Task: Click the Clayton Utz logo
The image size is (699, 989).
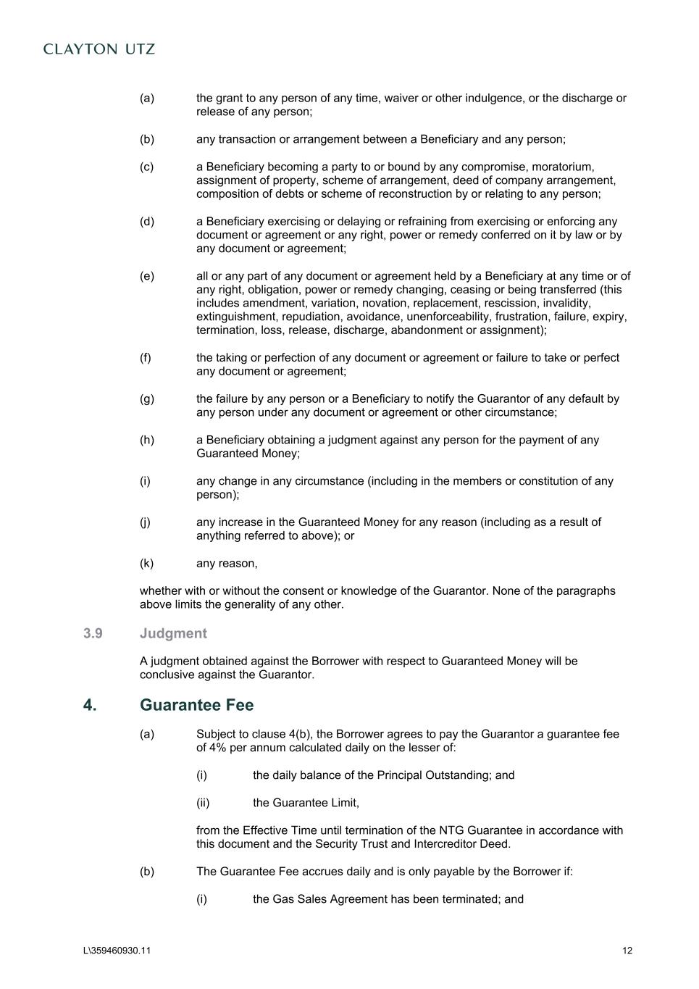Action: pos(99,49)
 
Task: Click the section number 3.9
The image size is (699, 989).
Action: pos(93,633)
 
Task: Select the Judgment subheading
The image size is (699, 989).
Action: pos(173,633)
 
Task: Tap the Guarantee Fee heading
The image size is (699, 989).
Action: pos(196,705)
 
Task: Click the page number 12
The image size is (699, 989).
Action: pos(627,951)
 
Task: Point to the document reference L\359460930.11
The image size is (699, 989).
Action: pos(117,951)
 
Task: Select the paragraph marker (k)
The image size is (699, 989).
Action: pos(146,563)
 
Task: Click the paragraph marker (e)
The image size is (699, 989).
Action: pos(146,276)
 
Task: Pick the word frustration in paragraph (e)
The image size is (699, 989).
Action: pos(521,317)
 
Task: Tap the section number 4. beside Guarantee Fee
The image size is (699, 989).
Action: pos(90,705)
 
